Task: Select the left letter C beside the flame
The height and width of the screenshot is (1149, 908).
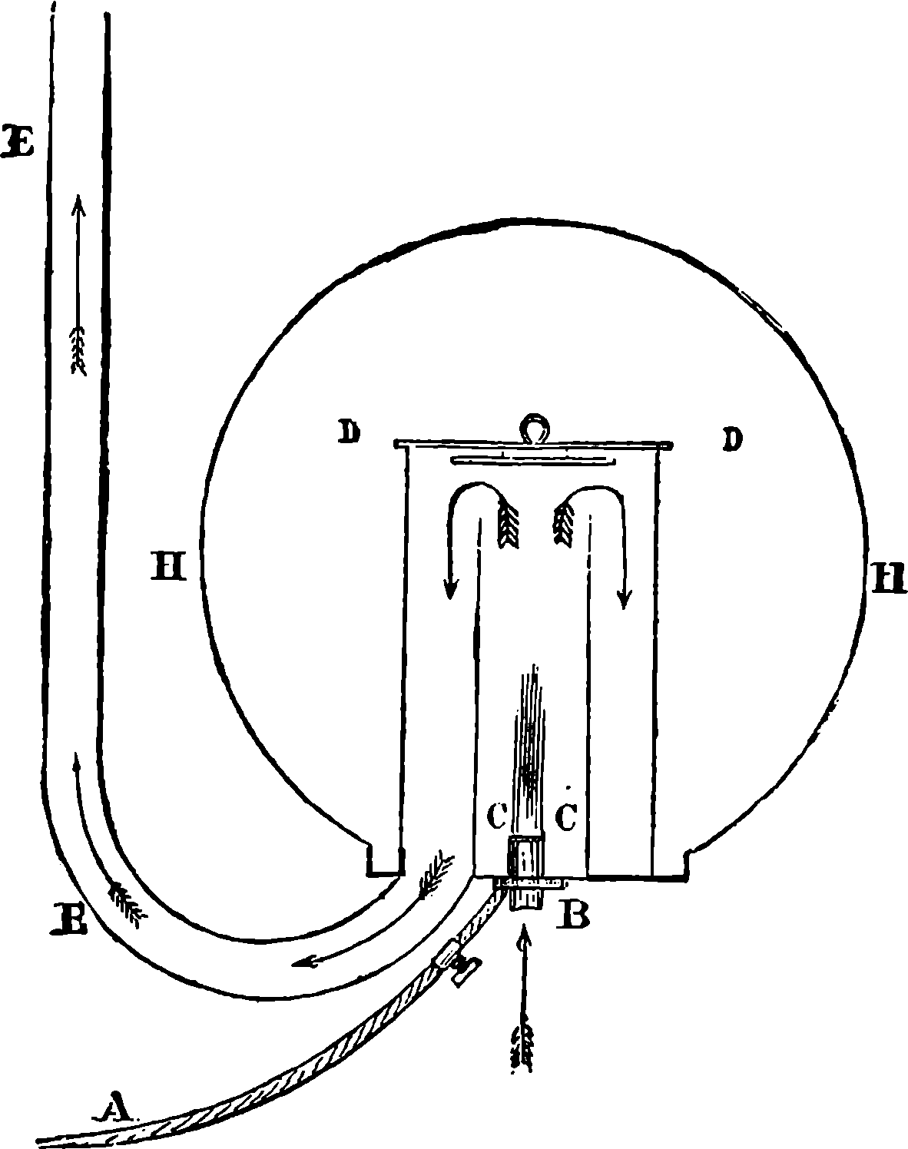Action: pyautogui.click(x=497, y=830)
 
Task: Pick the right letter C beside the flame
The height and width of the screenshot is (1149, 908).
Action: pyautogui.click(x=566, y=831)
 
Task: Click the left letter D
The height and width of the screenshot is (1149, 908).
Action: pyautogui.click(x=348, y=432)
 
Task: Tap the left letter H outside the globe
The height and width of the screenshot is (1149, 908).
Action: pyautogui.click(x=168, y=567)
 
